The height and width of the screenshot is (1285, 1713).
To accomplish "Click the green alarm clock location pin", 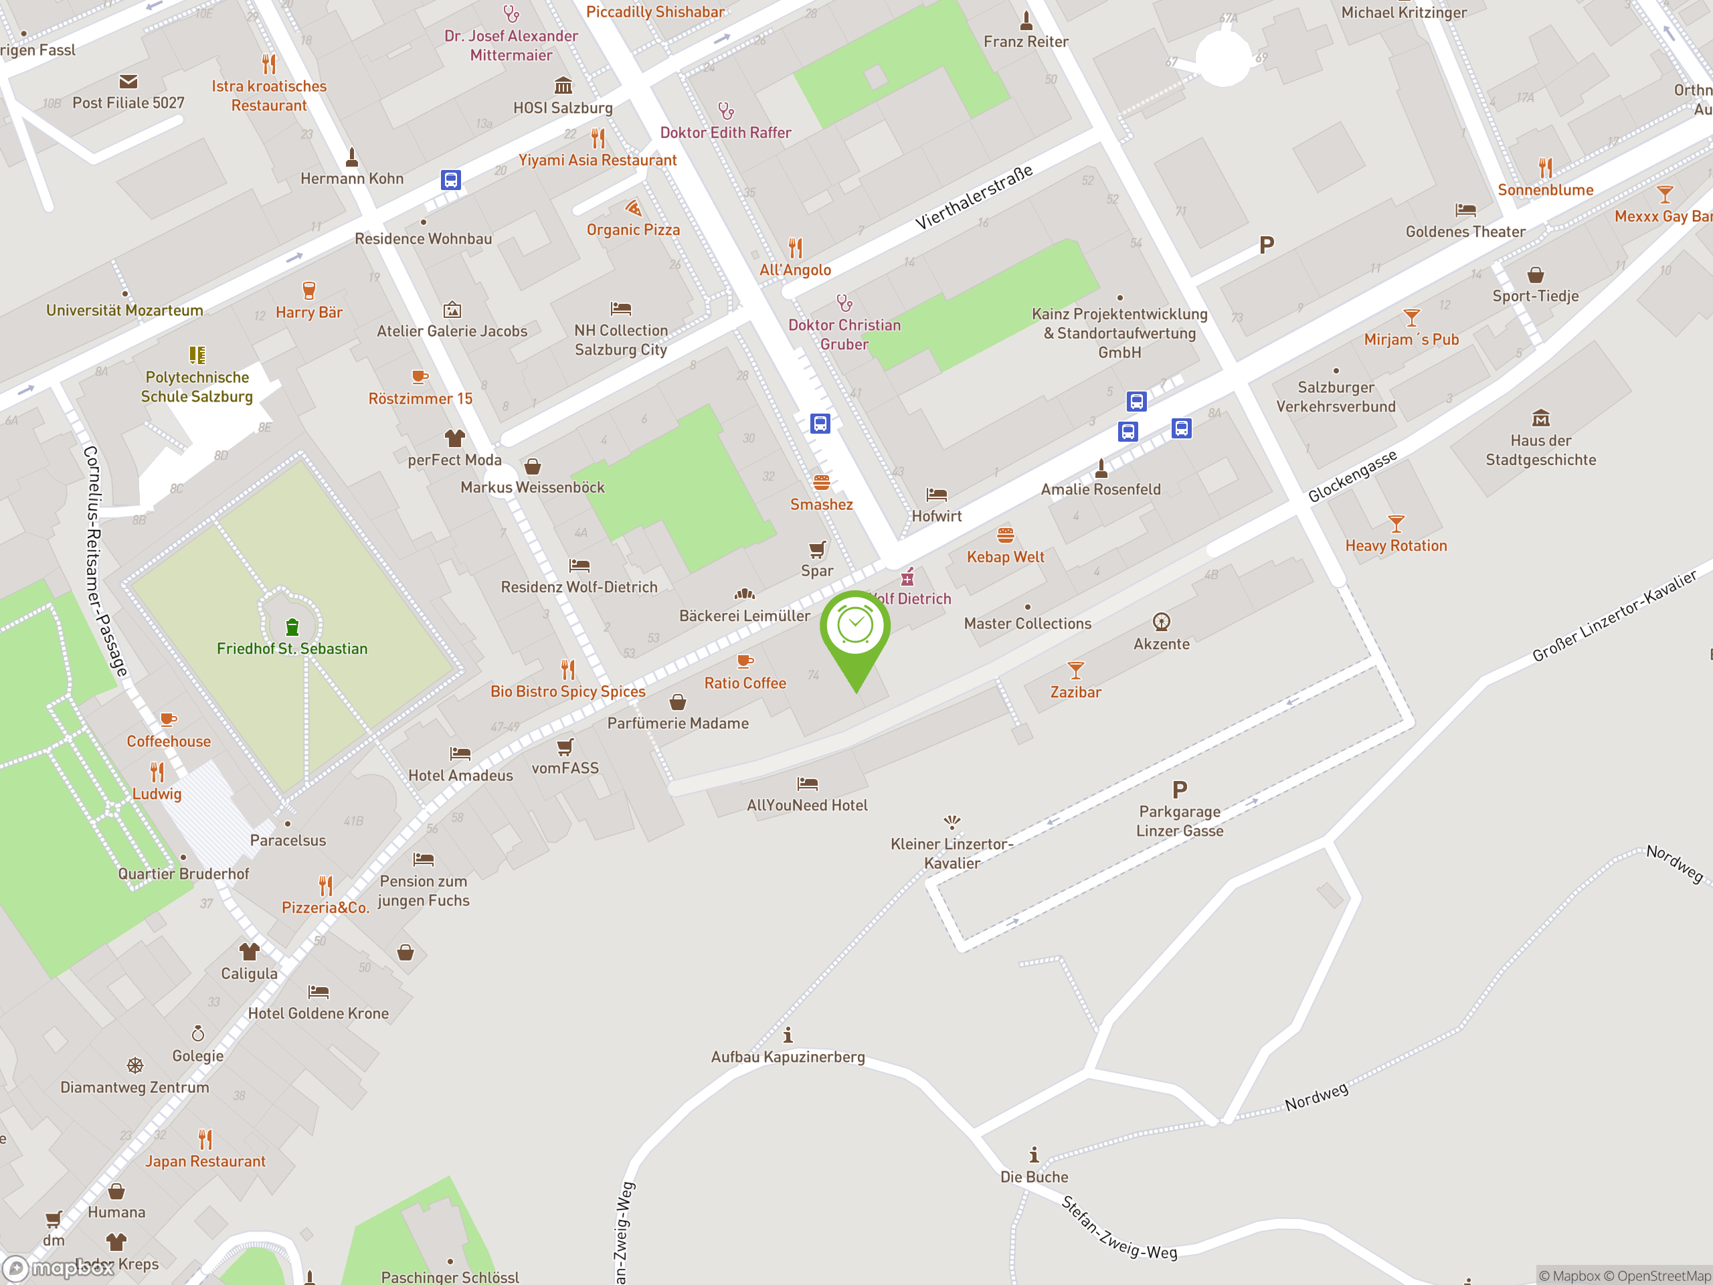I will [x=855, y=627].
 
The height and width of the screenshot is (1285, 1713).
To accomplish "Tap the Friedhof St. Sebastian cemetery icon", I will [x=292, y=626].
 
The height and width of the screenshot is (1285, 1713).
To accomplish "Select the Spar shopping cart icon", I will [x=817, y=549].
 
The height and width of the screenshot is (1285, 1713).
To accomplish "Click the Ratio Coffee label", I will [x=744, y=683].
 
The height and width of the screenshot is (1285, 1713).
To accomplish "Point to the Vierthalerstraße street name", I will [x=974, y=197].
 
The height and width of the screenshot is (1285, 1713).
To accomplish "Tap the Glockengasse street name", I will [x=1352, y=476].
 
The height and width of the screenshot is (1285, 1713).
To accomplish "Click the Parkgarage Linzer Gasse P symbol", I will [x=1180, y=789].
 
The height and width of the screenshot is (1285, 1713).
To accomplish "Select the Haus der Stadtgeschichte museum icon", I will [x=1540, y=418].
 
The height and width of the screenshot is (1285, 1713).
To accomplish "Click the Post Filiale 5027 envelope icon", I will [x=128, y=82].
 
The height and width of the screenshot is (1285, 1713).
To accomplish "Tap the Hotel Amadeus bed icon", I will [x=460, y=753].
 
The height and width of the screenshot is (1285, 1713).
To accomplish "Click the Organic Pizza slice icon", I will [x=634, y=207].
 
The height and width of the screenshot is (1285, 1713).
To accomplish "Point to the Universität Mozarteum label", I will [x=124, y=311].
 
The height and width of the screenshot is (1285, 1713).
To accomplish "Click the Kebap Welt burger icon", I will [x=1005, y=535].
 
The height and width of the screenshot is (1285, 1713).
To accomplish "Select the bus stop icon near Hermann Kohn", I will [x=451, y=179].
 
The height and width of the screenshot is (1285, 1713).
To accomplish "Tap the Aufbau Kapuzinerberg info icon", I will [x=788, y=1035].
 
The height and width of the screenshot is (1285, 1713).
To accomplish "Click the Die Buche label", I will [x=1034, y=1177].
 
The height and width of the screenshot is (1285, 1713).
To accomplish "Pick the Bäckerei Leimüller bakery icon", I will [x=744, y=594].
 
